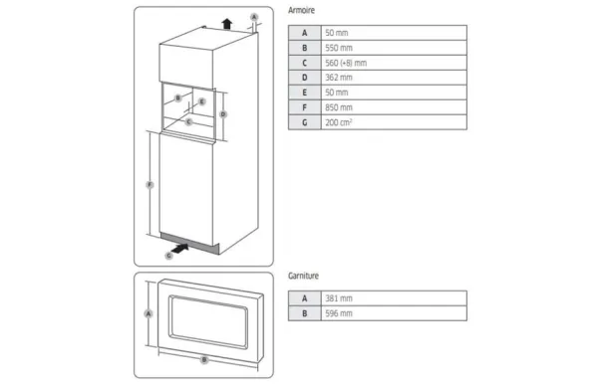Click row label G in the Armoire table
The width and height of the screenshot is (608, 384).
304,122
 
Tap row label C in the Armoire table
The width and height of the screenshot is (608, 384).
304,63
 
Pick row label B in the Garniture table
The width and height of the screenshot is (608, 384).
304,312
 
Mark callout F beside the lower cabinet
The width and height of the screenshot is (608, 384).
149,184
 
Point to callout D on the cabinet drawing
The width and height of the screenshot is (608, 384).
223,114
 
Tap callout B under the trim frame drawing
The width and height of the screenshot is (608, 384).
203,359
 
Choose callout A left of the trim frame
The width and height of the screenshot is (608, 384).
148,312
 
